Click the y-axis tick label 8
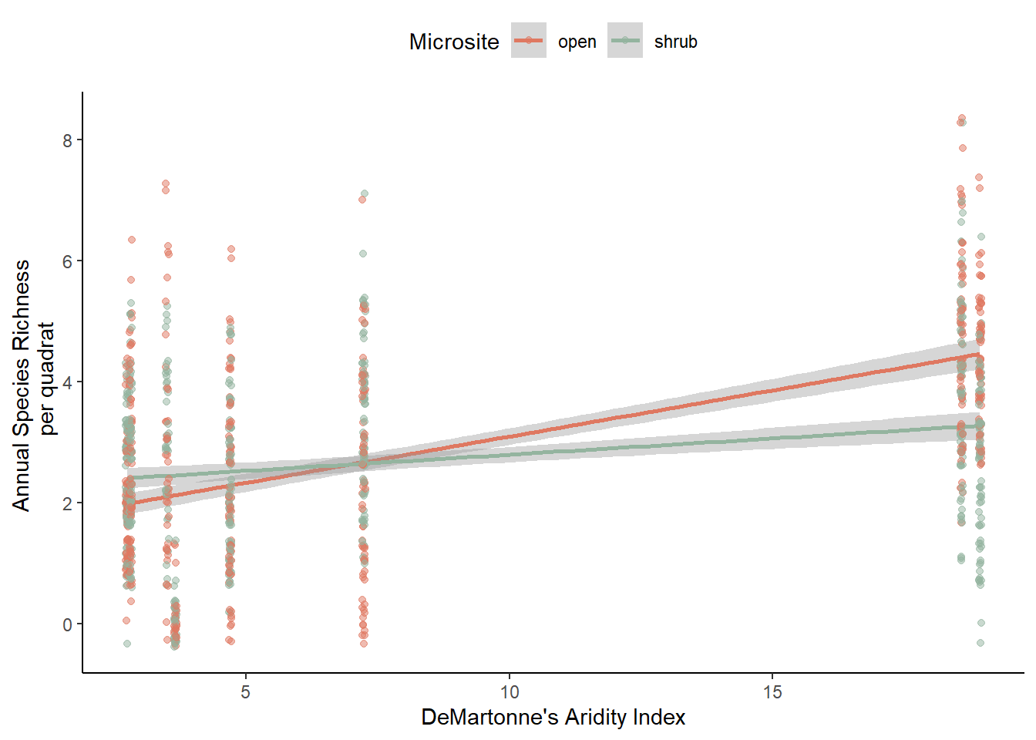(68, 140)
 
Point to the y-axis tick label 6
(68, 261)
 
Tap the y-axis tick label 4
(68, 382)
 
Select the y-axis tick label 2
(68, 503)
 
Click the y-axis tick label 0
(68, 624)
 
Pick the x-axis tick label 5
(245, 692)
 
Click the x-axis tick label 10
(510, 692)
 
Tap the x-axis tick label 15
(772, 692)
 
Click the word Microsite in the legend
(454, 42)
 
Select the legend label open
(577, 42)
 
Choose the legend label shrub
(675, 42)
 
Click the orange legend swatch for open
(529, 41)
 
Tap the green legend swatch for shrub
(625, 41)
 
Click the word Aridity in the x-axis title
(597, 718)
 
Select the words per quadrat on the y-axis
(48, 378)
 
